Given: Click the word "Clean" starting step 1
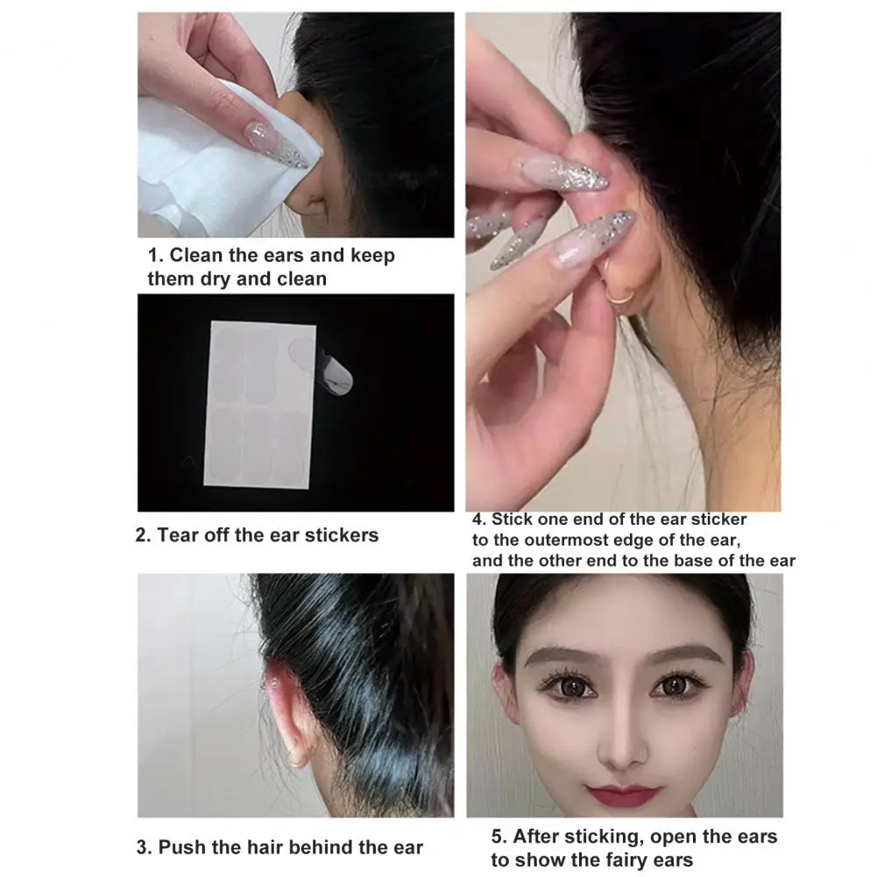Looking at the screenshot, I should pos(196,256).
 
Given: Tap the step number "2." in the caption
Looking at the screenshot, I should pos(144,534).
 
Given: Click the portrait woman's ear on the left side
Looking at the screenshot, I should pos(502,692).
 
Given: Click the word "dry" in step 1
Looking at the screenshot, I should pos(254,279).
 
